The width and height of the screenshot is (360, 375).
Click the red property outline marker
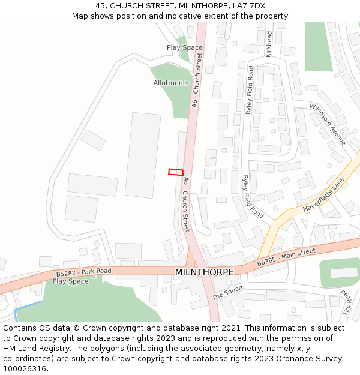(x=175, y=172)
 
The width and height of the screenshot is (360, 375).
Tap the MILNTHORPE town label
(x=204, y=272)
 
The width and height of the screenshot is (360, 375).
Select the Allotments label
(x=171, y=83)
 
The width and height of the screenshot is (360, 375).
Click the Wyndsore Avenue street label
(x=328, y=124)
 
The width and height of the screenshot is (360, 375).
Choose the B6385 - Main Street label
(x=286, y=257)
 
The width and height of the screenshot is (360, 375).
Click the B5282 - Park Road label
(x=84, y=273)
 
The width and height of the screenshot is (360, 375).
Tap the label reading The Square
(x=229, y=292)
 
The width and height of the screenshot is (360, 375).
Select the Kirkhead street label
(x=269, y=44)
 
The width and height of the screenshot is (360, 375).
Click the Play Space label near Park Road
(x=70, y=281)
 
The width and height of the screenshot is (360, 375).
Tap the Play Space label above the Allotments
(x=184, y=47)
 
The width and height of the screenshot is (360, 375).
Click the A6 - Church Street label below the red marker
(x=187, y=205)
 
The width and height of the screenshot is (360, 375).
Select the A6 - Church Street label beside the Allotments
(x=196, y=80)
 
